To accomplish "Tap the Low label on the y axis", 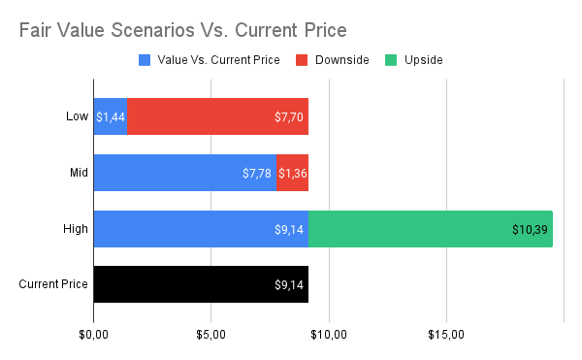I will (78, 116).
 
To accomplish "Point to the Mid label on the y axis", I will (79, 173).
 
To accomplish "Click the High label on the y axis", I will (77, 229).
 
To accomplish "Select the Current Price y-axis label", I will (54, 285).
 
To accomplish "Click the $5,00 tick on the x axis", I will (211, 335).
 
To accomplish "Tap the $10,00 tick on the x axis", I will (329, 335).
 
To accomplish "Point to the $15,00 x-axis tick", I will (446, 335).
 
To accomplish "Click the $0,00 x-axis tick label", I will (94, 335).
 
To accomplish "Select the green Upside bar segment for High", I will (430, 229).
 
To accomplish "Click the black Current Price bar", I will (201, 285).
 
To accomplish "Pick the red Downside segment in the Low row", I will (217, 116).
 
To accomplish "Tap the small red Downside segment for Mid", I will (293, 173).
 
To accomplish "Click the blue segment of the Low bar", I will (111, 116).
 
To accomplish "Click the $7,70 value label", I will (290, 117).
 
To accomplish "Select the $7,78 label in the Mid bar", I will (257, 174).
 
